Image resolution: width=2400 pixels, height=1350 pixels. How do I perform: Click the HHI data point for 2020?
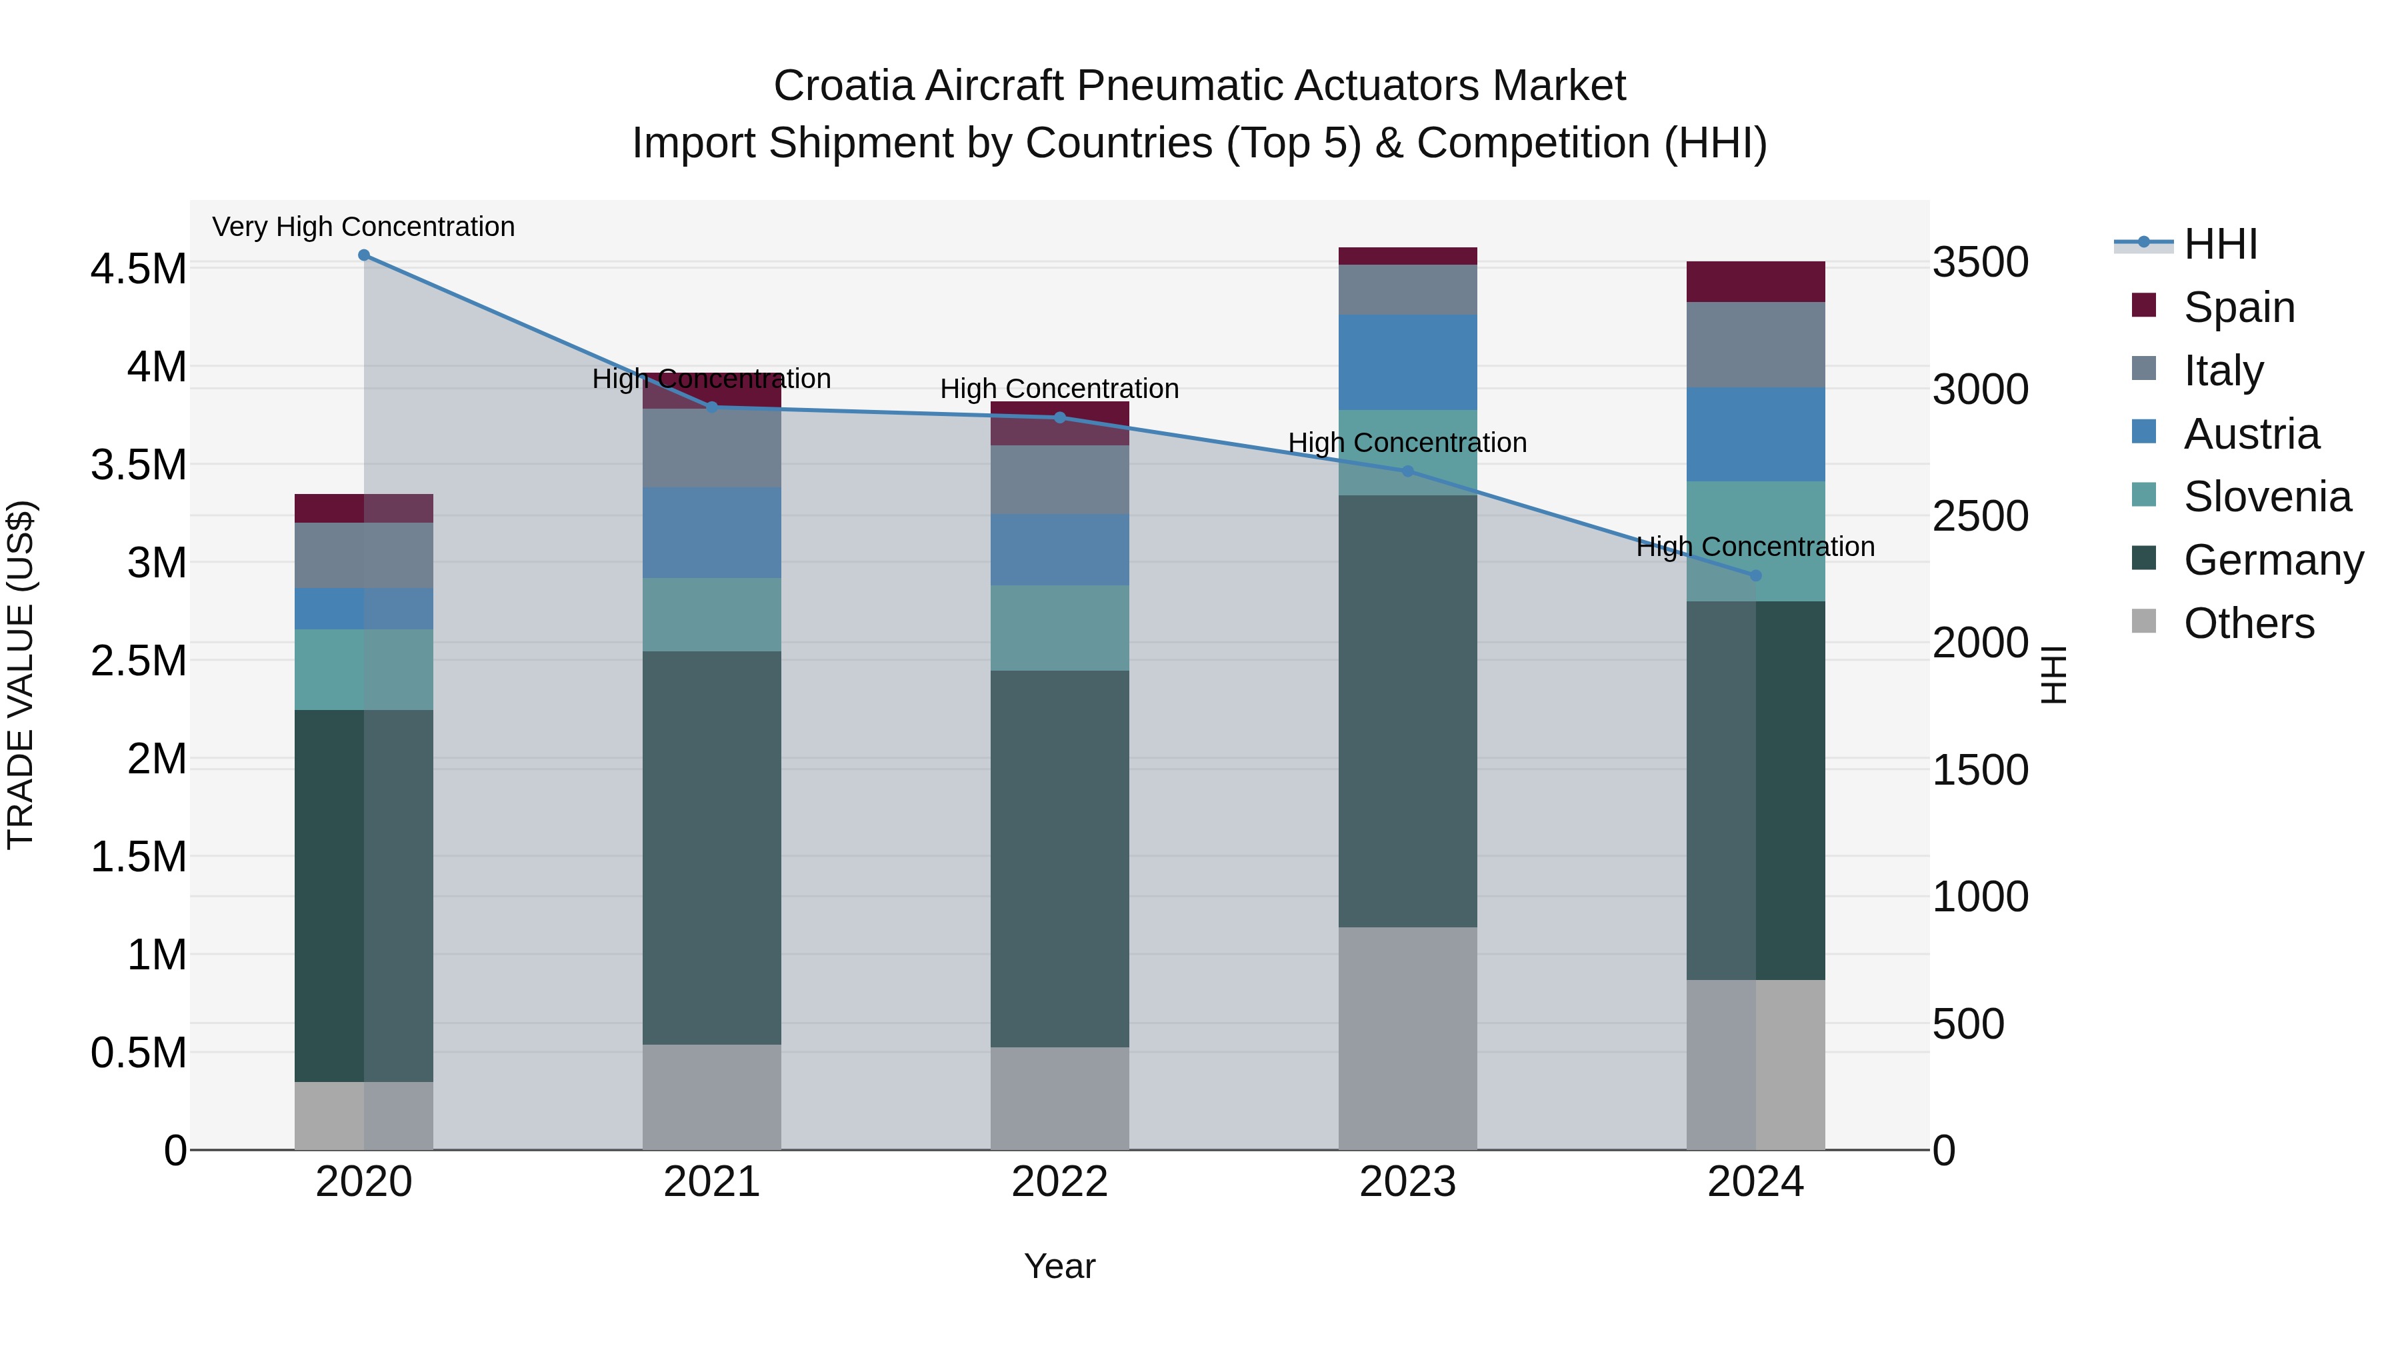364,255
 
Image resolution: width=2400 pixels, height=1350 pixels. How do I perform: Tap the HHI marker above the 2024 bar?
1756,576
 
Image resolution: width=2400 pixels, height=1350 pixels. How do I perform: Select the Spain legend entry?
2239,307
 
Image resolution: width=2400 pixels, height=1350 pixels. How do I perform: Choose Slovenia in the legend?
2266,497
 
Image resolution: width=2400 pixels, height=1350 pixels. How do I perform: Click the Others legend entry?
2248,623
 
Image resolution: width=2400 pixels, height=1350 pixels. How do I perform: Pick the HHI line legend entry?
2220,244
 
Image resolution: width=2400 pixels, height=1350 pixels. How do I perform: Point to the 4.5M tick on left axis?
139,269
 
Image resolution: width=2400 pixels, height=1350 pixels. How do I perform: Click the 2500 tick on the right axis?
1980,516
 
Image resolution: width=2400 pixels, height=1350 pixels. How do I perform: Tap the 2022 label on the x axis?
1059,1181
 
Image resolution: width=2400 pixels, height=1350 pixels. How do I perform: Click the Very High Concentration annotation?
363,227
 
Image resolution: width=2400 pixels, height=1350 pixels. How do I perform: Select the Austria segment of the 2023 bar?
1408,363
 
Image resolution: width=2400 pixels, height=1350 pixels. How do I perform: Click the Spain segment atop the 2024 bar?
1756,281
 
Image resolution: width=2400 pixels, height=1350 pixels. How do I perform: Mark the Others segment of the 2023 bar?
1408,1038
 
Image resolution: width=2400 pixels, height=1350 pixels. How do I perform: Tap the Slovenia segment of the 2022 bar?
1059,628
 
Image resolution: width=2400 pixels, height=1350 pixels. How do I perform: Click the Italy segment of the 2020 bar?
364,555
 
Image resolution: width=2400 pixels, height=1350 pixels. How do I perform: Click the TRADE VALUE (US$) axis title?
21,675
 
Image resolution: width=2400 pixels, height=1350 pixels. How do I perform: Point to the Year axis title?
1059,1266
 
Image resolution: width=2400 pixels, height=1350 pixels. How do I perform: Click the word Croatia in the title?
844,86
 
